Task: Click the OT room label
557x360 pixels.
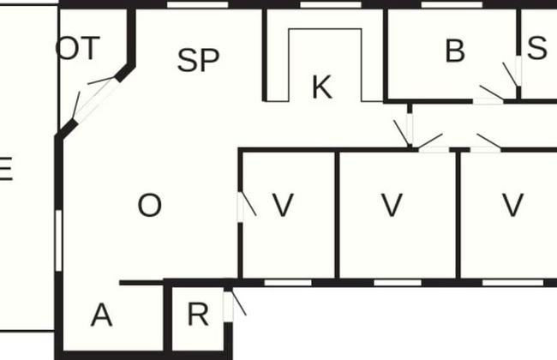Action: pyautogui.click(x=78, y=49)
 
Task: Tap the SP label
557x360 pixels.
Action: pyautogui.click(x=198, y=60)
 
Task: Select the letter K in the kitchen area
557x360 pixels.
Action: pyautogui.click(x=321, y=87)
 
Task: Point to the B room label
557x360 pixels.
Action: pyautogui.click(x=454, y=51)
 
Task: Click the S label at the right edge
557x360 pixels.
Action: pyautogui.click(x=537, y=49)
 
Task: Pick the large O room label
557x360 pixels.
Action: pyautogui.click(x=149, y=206)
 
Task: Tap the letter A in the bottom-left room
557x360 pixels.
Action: pyautogui.click(x=101, y=315)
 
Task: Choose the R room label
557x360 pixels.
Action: pyautogui.click(x=197, y=315)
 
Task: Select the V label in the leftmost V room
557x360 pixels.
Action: pyautogui.click(x=282, y=206)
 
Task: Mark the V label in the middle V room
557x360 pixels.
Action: pyautogui.click(x=391, y=206)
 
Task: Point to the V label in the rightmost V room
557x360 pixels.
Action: pyautogui.click(x=512, y=206)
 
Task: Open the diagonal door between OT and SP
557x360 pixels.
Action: pyautogui.click(x=95, y=102)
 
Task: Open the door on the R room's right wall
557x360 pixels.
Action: pyautogui.click(x=228, y=307)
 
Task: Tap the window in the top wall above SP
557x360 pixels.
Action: pyautogui.click(x=197, y=4)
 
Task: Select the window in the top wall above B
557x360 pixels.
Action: pyautogui.click(x=452, y=4)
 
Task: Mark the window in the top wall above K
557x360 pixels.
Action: pyautogui.click(x=330, y=4)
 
